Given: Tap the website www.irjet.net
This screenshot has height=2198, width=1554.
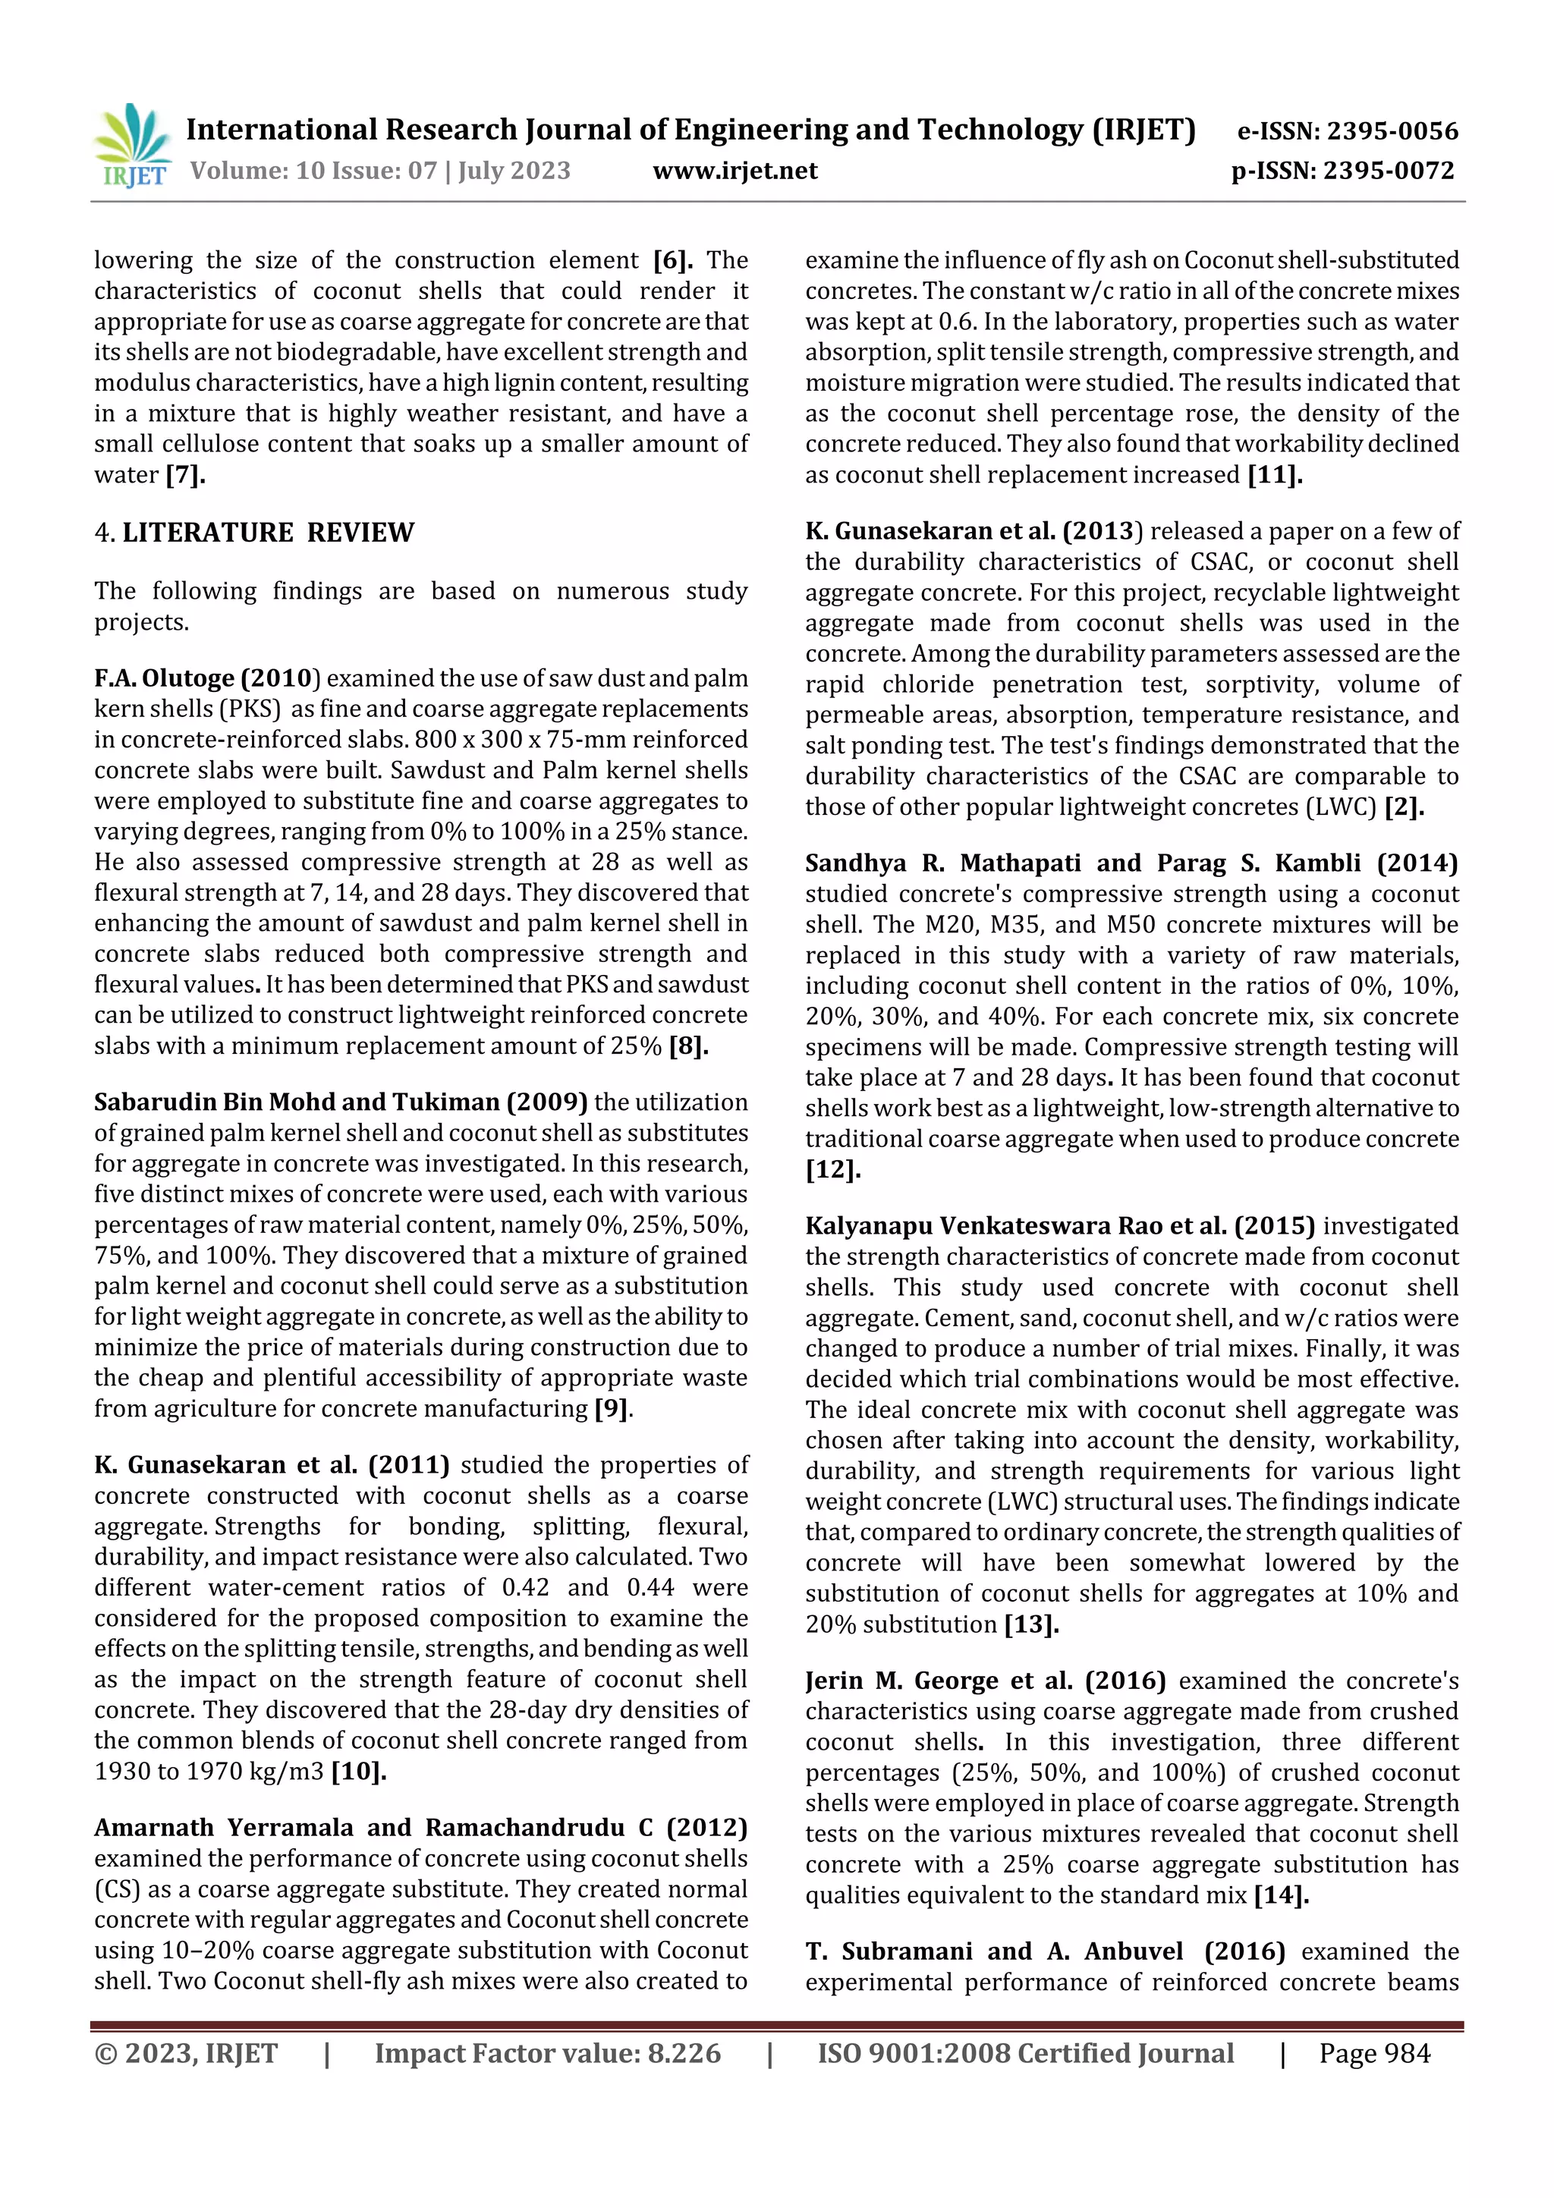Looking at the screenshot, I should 735,171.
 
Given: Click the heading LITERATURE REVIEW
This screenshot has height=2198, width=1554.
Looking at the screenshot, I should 267,533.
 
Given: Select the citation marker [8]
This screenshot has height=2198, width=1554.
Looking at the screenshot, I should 688,1046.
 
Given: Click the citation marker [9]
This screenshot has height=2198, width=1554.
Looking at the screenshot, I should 612,1408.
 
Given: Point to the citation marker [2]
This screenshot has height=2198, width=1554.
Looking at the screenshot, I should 1405,807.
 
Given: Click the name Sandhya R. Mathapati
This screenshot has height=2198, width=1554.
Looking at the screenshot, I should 944,863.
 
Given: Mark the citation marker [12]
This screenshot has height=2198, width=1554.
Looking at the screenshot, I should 833,1170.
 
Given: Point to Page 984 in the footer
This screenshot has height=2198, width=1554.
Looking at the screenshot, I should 1374,2053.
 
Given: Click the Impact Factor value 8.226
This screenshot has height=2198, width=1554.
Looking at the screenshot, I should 680,2053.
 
